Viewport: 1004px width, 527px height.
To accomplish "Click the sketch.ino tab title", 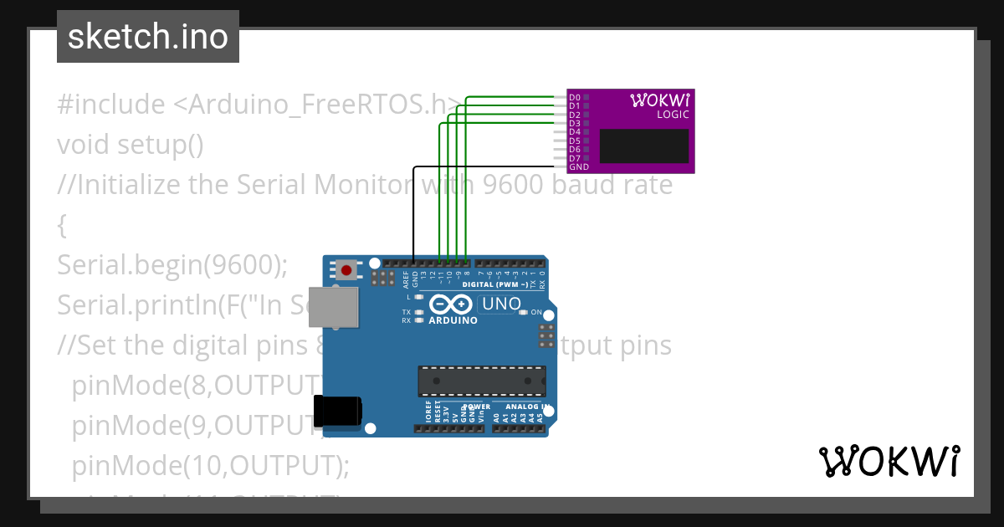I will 147,37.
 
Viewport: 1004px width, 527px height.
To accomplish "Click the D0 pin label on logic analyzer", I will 574,98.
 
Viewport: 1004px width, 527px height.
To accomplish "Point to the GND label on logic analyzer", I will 578,167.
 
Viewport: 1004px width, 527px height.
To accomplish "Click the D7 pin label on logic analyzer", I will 574,158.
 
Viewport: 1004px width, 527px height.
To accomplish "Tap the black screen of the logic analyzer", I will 644,146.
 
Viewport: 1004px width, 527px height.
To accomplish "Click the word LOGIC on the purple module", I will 673,115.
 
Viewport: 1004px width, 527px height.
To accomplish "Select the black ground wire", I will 414,209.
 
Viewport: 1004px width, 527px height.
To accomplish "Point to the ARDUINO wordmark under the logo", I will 453,320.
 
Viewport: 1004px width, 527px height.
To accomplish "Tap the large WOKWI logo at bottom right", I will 889,462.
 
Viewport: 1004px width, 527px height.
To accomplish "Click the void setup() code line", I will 131,145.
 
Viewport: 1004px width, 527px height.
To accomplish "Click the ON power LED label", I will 536,312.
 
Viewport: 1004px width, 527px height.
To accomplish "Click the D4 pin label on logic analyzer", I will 574,132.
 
